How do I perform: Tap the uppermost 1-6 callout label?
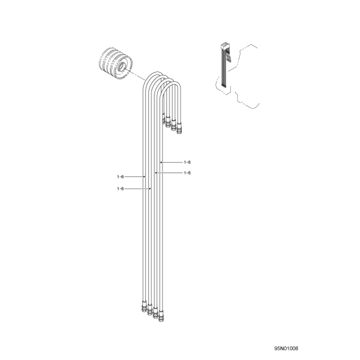tap(187, 163)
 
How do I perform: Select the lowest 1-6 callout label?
tap(120, 189)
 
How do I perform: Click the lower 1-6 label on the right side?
tap(187, 173)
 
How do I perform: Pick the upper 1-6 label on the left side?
tap(120, 176)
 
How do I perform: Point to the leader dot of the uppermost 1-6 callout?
tap(161, 163)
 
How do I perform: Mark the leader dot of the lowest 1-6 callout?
tap(150, 189)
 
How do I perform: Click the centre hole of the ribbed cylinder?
tap(121, 66)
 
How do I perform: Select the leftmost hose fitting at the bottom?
tap(144, 306)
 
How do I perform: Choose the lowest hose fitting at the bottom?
tap(161, 317)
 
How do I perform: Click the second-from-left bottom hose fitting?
tap(150, 310)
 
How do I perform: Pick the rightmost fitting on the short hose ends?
tap(179, 129)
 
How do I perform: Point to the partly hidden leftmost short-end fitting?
tap(164, 119)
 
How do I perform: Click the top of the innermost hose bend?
tap(173, 84)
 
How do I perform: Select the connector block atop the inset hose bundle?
tap(223, 46)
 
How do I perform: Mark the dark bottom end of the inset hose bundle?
tap(223, 86)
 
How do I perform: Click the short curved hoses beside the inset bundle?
tap(228, 58)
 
